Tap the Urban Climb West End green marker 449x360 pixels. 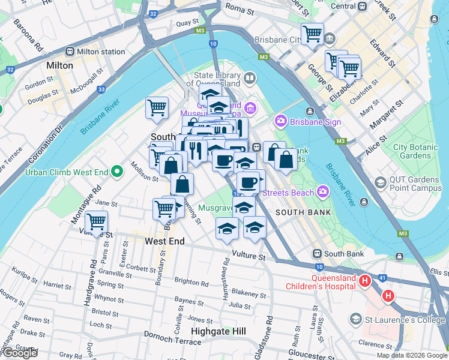click(x=116, y=173)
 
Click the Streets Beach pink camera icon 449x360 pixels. click(x=324, y=192)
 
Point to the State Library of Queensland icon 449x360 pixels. click(x=250, y=77)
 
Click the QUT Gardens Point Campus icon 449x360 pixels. click(x=379, y=182)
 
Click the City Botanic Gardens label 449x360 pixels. click(x=412, y=151)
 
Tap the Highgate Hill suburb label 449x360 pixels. click(x=218, y=331)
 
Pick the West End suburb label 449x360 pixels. click(x=164, y=241)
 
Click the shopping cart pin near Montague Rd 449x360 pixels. click(x=96, y=221)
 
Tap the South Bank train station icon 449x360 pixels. click(x=316, y=254)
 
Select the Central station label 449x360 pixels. click(x=343, y=6)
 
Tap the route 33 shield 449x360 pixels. click(x=101, y=89)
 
